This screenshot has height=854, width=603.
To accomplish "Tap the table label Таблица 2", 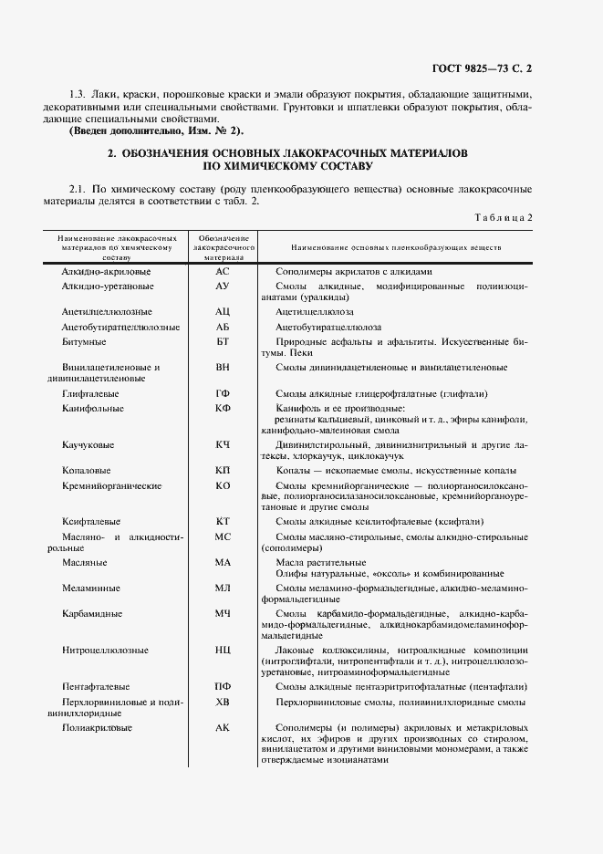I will click(503, 217).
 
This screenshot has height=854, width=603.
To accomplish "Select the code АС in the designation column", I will click(222, 272).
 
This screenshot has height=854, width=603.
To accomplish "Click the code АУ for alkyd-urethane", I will click(222, 286).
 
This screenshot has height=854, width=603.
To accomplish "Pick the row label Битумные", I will click(84, 341).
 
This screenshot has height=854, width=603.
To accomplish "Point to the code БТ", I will click(222, 341).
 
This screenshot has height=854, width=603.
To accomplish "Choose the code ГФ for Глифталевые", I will click(222, 393).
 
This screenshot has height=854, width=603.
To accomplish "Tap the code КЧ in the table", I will click(222, 443).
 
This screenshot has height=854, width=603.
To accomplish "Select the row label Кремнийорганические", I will click(111, 486).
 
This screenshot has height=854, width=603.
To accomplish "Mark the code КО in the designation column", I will click(222, 486).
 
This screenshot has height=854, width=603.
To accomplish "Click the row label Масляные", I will click(84, 563).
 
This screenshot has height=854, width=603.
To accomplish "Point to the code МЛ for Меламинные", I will click(222, 588).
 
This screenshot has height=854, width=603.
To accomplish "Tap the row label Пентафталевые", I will click(96, 686).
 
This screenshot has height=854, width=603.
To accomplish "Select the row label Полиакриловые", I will click(97, 727).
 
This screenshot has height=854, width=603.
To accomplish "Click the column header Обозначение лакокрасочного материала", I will click(222, 247).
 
